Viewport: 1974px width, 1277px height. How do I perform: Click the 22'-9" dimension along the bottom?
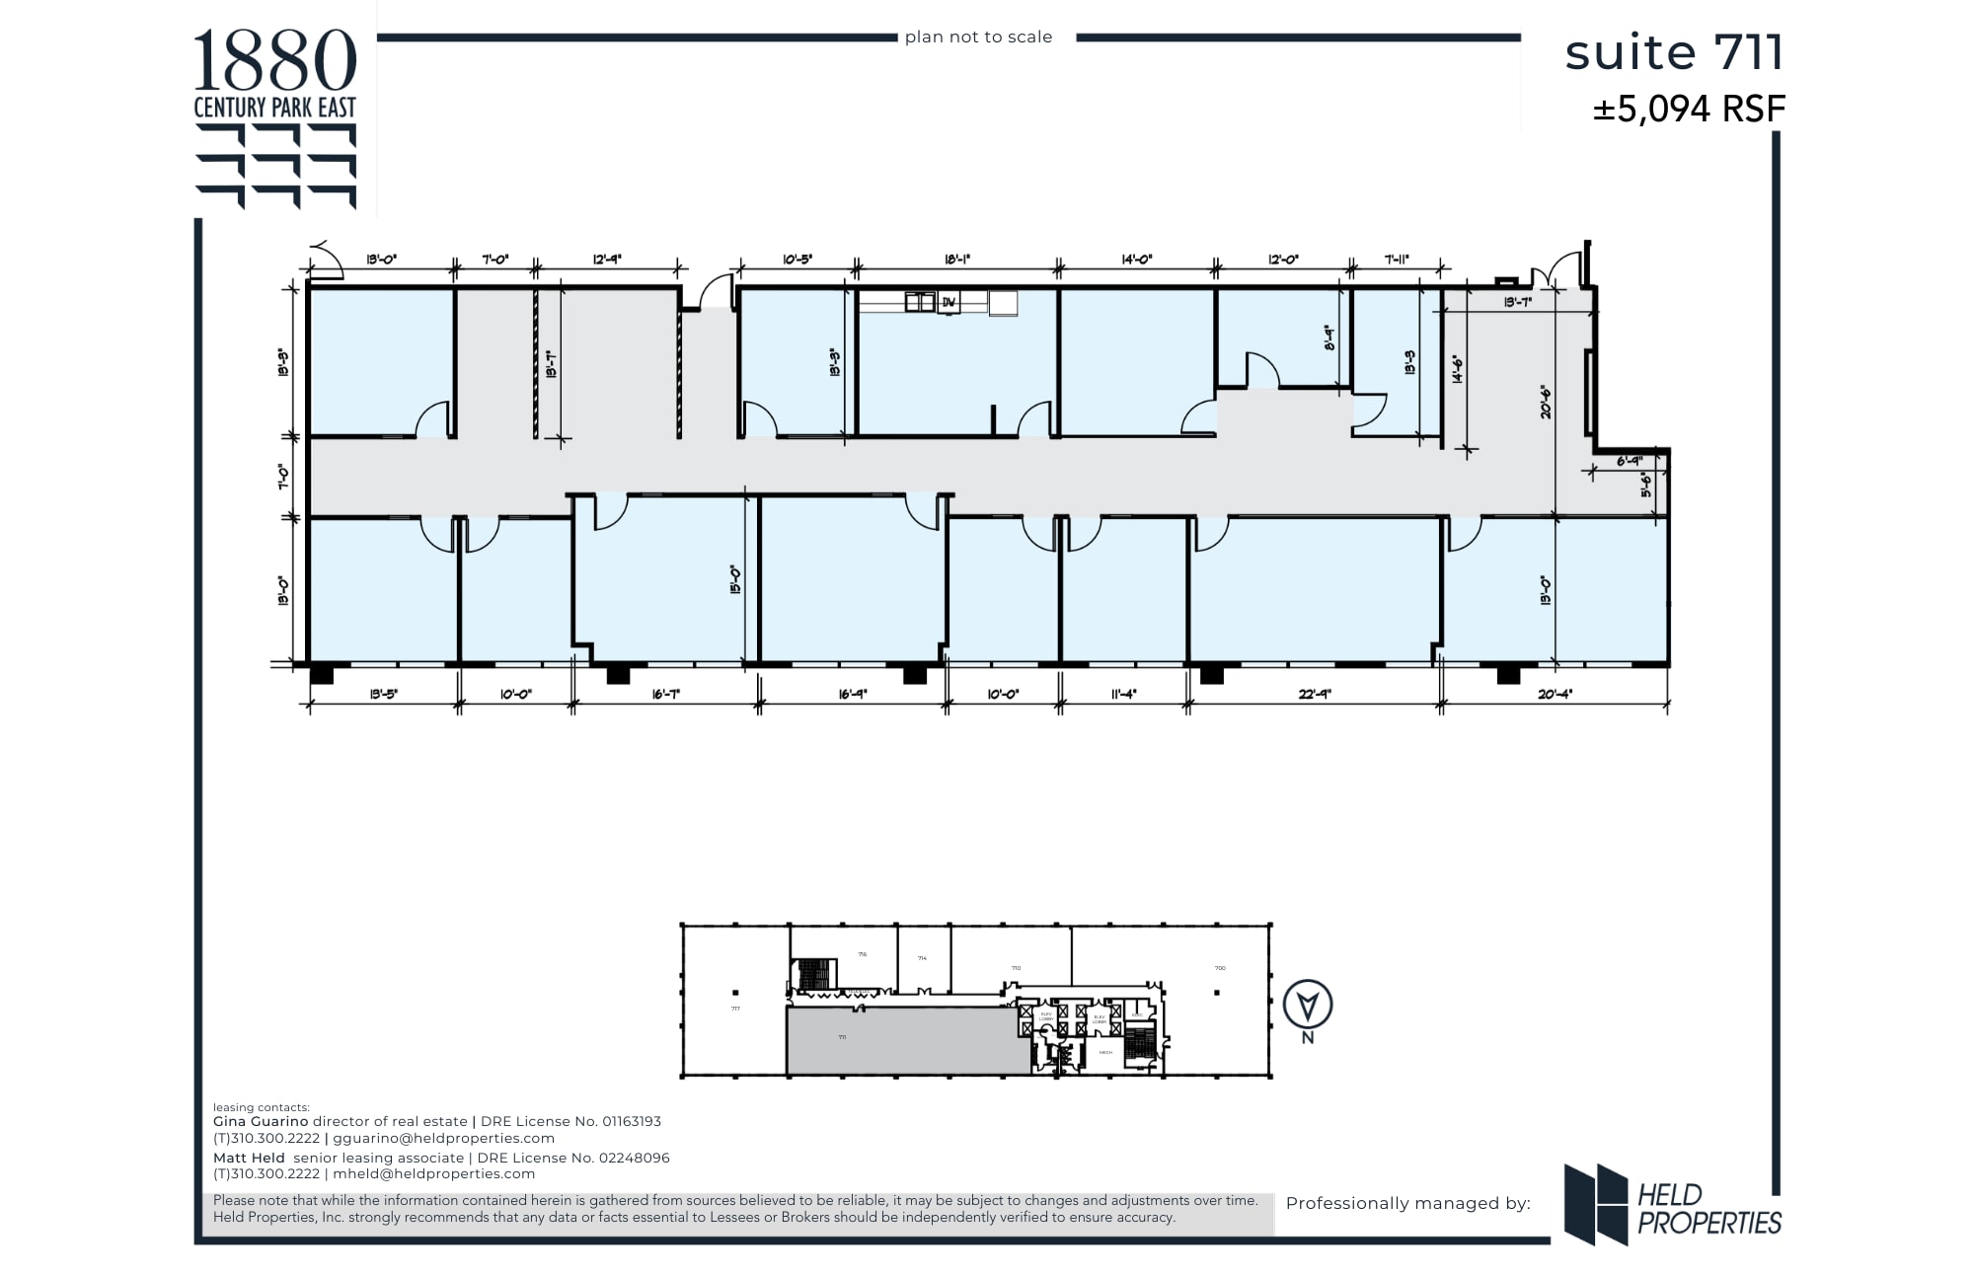[1315, 694]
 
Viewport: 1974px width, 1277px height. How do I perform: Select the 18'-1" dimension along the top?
[957, 260]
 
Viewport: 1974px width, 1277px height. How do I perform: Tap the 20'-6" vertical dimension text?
[1546, 401]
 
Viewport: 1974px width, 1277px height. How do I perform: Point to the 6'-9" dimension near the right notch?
[1629, 461]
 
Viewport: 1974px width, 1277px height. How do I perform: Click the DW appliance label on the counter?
[949, 303]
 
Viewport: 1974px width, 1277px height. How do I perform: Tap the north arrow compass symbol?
[1308, 1006]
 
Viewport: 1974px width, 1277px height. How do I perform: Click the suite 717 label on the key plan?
[735, 1009]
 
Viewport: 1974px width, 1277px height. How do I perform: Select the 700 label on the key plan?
[1220, 968]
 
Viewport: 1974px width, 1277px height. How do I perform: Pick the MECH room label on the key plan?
[1105, 1053]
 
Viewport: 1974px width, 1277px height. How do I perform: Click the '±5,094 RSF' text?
[1689, 110]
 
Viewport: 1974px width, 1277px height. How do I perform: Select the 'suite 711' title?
[1674, 53]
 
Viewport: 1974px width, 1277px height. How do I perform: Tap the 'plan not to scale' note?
[978, 38]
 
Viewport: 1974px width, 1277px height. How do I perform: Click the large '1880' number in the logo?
[274, 61]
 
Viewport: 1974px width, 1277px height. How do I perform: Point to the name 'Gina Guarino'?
[261, 1121]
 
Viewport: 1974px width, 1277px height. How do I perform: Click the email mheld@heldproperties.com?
[433, 1173]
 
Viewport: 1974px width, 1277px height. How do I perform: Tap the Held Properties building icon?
[1595, 1204]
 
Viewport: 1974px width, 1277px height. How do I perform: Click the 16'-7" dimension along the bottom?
[666, 694]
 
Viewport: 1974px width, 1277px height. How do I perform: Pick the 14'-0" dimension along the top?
[1137, 260]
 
